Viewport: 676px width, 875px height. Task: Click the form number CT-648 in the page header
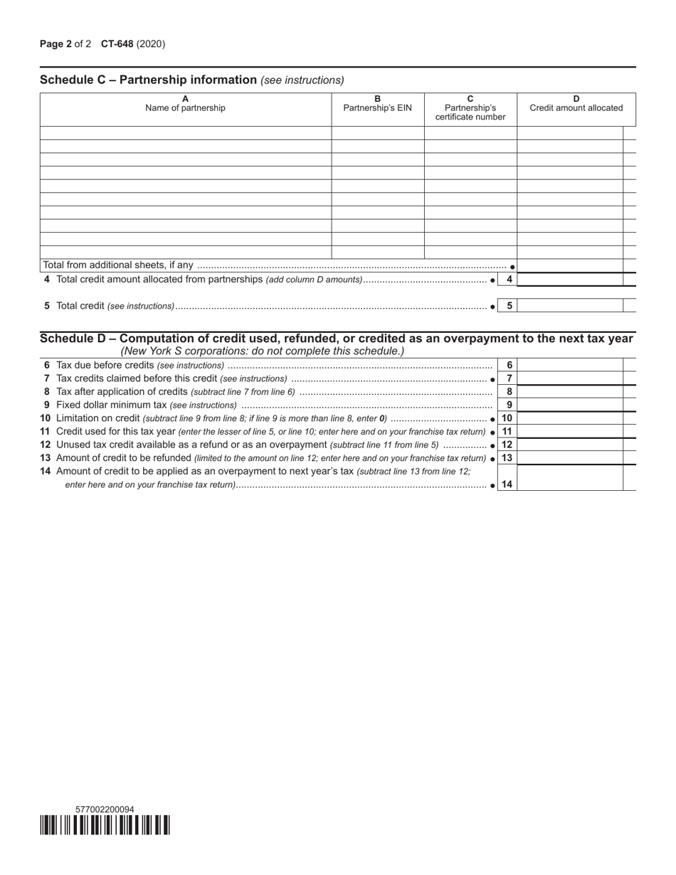click(x=117, y=44)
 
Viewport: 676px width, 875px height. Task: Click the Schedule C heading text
click(x=148, y=80)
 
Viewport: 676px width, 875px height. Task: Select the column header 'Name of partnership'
click(x=185, y=108)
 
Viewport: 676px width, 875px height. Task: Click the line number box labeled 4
click(x=509, y=280)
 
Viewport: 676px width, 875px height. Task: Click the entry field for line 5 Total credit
click(x=569, y=306)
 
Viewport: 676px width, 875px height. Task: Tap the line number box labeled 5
click(x=509, y=306)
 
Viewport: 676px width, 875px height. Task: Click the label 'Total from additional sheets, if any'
click(x=118, y=265)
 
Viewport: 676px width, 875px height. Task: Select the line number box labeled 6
click(x=509, y=365)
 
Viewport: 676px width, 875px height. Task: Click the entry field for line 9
click(x=569, y=405)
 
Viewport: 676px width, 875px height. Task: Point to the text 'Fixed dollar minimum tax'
click(x=111, y=405)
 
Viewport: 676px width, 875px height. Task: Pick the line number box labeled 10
click(x=507, y=418)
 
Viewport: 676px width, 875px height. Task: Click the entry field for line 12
click(x=569, y=445)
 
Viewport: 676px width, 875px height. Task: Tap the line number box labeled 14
click(x=507, y=484)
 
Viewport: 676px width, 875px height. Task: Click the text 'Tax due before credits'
click(x=105, y=365)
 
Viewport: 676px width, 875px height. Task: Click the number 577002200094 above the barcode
click(x=104, y=810)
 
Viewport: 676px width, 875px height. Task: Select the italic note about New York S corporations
click(x=262, y=351)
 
